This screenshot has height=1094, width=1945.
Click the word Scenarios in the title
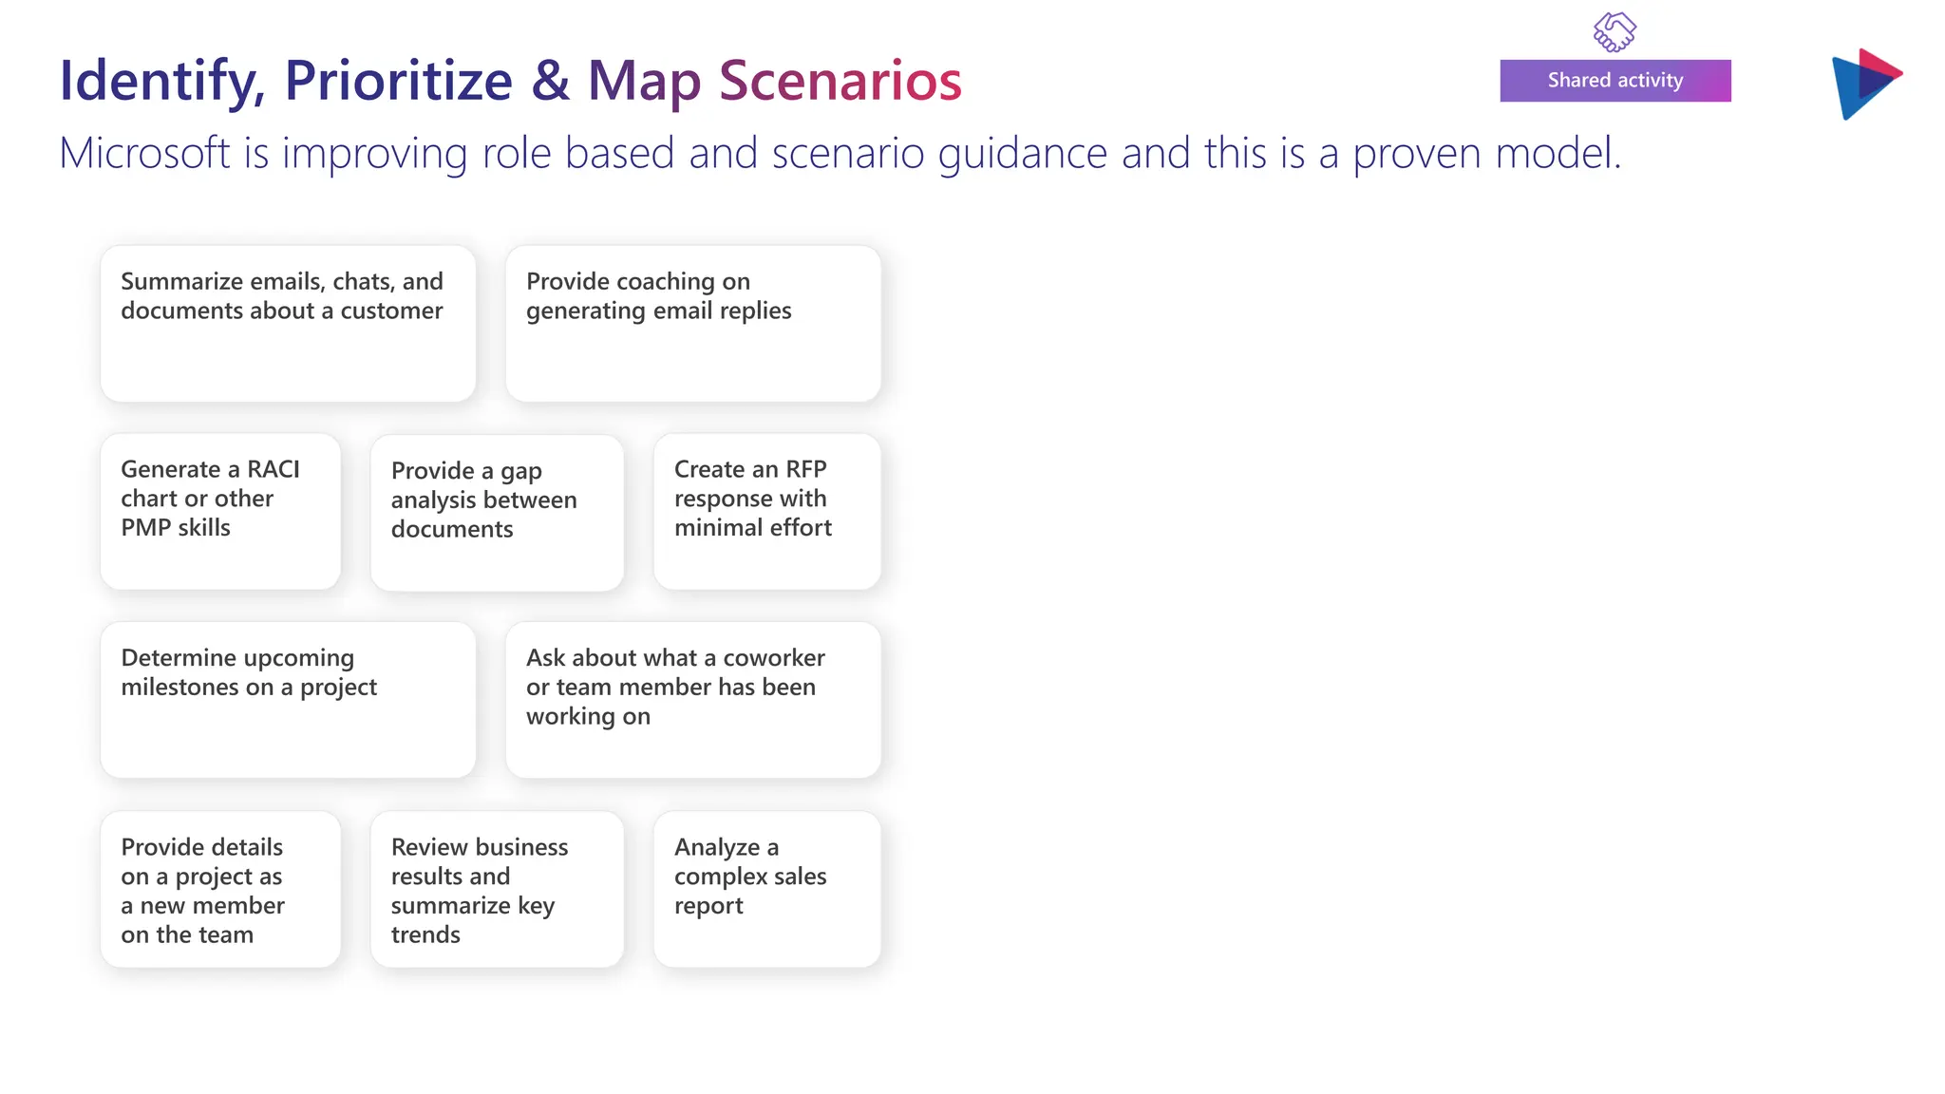840,81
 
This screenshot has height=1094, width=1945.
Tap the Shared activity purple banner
1615,81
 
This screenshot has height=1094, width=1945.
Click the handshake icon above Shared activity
1615,31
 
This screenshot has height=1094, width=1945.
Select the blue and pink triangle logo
1863,84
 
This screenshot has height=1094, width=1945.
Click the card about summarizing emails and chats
288,324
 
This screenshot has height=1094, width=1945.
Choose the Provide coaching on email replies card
692,324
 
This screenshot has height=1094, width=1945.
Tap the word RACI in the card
273,469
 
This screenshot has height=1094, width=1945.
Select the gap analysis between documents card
497,513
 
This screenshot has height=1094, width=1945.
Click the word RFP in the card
805,469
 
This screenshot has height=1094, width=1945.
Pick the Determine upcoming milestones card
288,700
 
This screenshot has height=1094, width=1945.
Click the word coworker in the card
773,658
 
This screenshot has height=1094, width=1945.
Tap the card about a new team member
220,890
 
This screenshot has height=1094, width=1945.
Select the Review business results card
497,890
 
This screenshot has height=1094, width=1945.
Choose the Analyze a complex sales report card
766,890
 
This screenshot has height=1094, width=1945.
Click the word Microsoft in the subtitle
144,154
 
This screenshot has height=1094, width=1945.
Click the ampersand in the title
550,81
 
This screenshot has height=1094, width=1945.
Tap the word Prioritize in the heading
398,81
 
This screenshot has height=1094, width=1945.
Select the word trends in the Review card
425,935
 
